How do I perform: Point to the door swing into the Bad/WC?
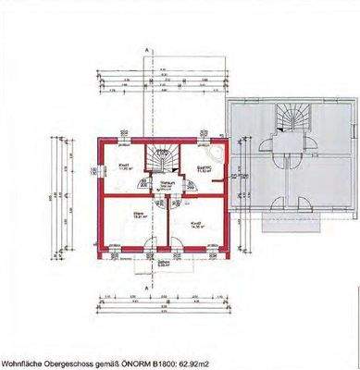tap(190, 185)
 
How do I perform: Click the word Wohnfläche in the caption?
tap(21, 361)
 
